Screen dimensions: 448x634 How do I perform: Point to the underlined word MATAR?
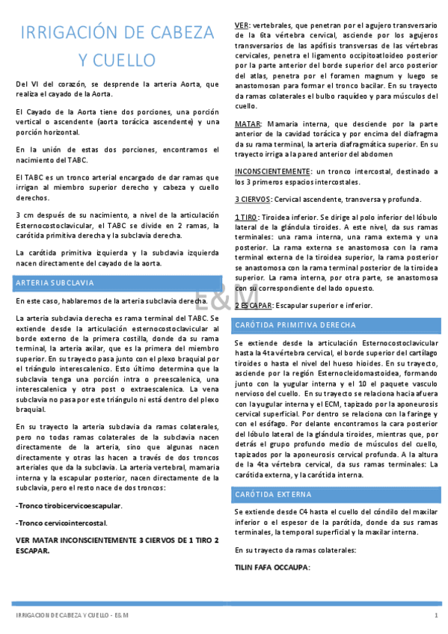[248, 123]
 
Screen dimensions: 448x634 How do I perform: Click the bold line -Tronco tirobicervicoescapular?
[69, 506]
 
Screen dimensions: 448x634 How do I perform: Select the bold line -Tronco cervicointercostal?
[61, 523]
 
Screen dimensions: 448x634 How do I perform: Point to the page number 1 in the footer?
[435, 615]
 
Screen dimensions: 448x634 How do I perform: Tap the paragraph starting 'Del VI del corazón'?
[117, 88]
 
